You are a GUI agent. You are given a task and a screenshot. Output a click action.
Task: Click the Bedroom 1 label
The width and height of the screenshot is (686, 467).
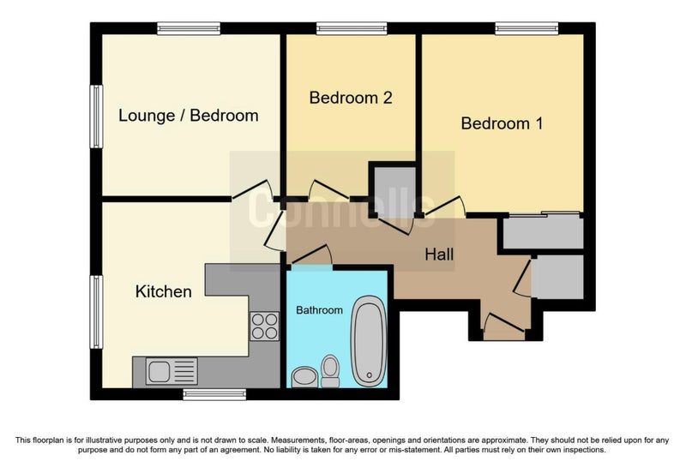pos(502,123)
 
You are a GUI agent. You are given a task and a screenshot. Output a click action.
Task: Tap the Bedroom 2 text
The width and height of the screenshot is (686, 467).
pos(351,98)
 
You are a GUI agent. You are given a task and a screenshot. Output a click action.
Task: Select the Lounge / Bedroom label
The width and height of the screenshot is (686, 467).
pos(188,116)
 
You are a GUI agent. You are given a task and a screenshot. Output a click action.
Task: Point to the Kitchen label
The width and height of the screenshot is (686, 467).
pos(163,291)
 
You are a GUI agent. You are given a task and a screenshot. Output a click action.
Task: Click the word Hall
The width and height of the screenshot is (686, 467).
pos(439,254)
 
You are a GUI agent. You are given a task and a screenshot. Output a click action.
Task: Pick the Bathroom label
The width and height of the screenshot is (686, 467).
pos(319,310)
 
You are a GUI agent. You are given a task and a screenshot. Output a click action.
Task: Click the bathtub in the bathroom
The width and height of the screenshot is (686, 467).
pos(370,341)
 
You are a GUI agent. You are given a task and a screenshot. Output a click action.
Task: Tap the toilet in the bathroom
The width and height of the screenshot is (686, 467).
pos(330,371)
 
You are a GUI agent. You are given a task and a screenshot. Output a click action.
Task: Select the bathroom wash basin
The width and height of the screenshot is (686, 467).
pos(304,376)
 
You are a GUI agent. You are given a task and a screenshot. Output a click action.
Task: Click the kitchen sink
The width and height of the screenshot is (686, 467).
pos(171,371)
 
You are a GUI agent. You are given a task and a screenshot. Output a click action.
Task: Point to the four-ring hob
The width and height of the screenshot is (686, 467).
pos(264,326)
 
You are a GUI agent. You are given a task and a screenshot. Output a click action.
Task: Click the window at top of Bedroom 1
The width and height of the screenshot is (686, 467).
pos(527,28)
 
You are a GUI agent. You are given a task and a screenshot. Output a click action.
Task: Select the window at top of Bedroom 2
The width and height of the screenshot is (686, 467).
pos(352,28)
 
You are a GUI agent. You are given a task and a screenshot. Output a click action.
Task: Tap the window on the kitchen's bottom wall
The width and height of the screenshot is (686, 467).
pos(214,394)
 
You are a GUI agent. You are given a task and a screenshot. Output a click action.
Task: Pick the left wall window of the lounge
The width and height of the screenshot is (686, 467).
pos(96,117)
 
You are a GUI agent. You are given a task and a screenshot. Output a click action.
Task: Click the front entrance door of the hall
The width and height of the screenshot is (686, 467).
pos(504,322)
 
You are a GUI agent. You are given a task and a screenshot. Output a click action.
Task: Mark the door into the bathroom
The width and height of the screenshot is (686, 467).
pos(311,255)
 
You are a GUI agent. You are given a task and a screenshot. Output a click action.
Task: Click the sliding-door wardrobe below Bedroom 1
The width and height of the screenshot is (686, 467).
pos(543,231)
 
